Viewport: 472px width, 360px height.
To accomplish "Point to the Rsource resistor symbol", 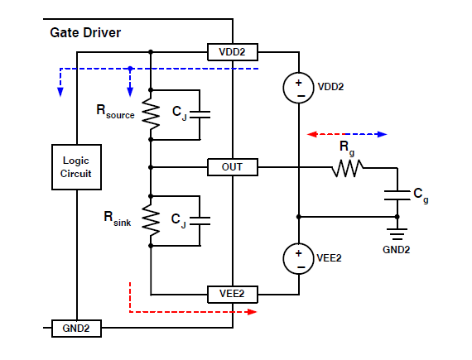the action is (151, 114).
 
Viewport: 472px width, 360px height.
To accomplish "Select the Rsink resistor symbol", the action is (151, 221).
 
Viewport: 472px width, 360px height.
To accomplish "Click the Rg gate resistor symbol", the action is (348, 168).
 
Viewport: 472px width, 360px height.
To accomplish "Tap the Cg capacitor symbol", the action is (397, 195).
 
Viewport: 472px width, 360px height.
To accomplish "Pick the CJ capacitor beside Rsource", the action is (200, 114).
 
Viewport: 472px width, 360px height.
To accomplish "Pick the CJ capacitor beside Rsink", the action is (200, 221).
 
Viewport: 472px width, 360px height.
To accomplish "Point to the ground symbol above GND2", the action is (397, 234).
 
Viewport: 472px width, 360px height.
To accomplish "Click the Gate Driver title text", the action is (85, 33).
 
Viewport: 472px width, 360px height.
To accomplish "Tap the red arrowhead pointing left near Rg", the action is (312, 134).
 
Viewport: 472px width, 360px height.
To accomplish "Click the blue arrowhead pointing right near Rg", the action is (383, 134).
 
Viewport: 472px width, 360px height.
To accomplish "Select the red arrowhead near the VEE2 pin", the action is (252, 312).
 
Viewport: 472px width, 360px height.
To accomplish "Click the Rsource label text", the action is (115, 112).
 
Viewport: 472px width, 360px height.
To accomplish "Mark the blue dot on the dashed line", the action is (130, 69).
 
